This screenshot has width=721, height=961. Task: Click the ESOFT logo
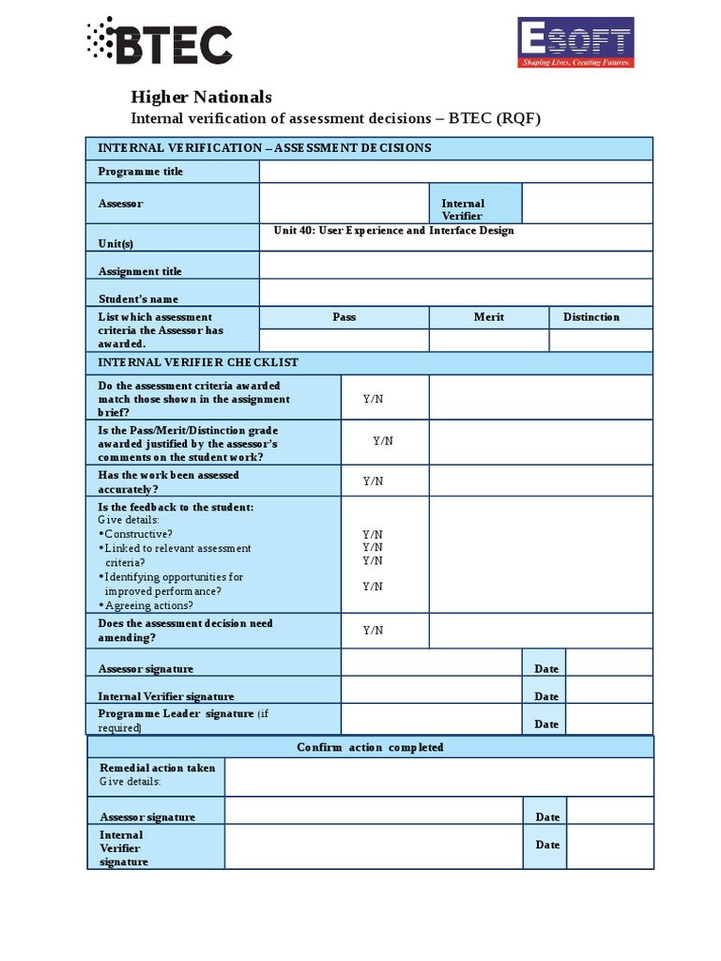coord(575,43)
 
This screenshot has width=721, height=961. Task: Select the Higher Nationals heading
coord(200,97)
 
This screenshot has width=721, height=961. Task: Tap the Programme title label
coord(141,172)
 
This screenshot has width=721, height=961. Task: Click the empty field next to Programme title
coord(455,172)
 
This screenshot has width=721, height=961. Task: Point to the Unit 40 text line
coord(393,231)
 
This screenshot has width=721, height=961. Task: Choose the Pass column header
coord(344,317)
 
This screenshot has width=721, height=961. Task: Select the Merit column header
coord(488,317)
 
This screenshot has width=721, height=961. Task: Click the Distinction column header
coord(591,317)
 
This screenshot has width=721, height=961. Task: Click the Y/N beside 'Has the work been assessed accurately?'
coord(373,481)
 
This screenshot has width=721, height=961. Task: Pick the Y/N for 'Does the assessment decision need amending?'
coord(373,630)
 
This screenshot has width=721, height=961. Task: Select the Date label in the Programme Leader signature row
coord(546,724)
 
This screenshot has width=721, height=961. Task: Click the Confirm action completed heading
coord(370,747)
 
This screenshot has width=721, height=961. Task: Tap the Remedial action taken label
coord(157,768)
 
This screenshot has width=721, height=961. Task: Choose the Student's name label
coord(138,298)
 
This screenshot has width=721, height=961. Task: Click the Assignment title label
coord(140,271)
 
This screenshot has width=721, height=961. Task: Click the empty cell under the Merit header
coord(488,340)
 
